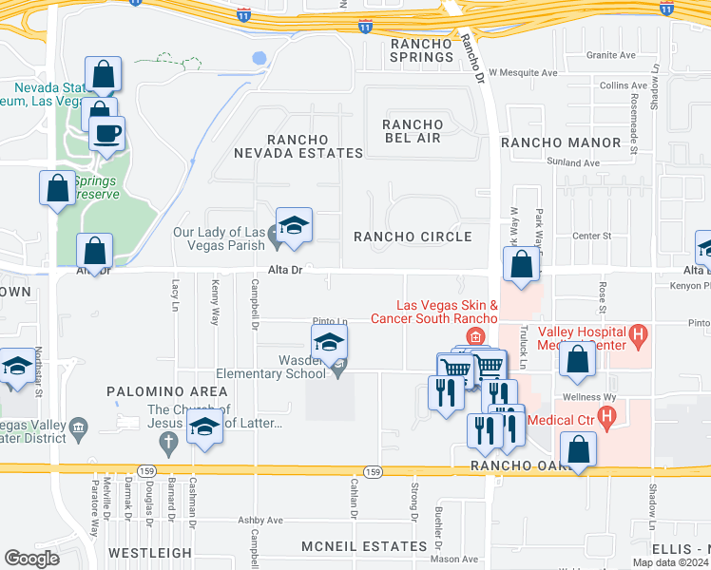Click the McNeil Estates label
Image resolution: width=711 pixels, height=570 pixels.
(364, 546)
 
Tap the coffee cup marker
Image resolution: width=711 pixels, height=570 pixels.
(107, 133)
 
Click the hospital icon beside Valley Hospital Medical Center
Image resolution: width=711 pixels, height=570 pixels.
(639, 333)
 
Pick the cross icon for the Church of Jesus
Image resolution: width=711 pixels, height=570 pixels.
(169, 441)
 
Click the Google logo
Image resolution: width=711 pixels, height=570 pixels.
(31, 558)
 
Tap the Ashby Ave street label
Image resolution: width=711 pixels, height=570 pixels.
(260, 521)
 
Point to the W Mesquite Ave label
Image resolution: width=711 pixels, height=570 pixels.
(524, 72)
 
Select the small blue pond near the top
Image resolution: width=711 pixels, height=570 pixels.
(259, 58)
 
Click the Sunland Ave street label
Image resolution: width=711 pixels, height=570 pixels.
(579, 163)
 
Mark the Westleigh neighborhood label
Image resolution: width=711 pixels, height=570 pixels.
(149, 552)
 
